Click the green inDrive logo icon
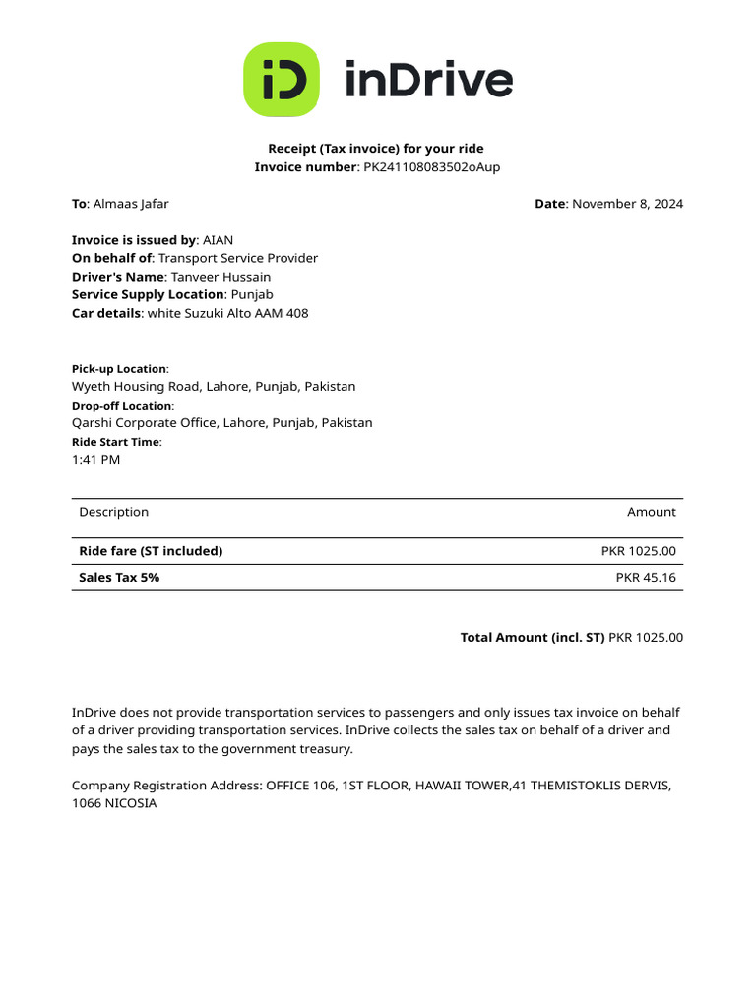282,80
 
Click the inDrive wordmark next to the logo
428,80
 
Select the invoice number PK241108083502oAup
432,167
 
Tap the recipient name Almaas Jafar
131,204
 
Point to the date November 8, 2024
627,204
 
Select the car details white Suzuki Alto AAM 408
227,313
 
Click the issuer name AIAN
218,240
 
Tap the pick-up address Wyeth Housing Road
214,387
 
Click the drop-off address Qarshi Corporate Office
222,423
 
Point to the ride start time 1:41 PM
96,460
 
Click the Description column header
114,512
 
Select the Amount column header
652,512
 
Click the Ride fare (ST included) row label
151,551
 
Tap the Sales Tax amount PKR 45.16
646,578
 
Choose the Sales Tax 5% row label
119,578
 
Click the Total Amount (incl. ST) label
533,638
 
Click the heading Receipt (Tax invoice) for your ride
377,149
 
